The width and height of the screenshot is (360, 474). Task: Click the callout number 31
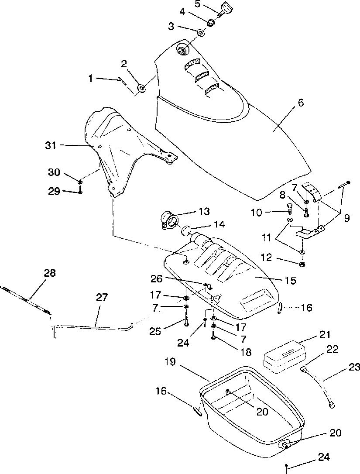[x=51, y=145]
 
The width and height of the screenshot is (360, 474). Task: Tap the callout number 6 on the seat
[x=301, y=103]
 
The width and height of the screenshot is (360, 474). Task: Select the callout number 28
[x=50, y=273]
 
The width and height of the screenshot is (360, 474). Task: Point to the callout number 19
[x=171, y=361]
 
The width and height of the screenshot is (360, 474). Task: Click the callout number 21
[x=325, y=335]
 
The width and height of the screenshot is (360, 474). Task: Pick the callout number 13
[x=204, y=211]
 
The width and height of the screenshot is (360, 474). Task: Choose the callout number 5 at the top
[x=197, y=4]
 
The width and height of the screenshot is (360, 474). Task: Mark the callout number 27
[x=102, y=297]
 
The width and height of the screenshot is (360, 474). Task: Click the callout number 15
[x=291, y=280]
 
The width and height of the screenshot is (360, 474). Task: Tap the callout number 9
[x=347, y=218]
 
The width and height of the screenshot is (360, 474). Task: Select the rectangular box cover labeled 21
[x=284, y=357]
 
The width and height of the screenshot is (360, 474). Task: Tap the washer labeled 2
[x=141, y=88]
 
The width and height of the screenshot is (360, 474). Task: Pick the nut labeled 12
[x=302, y=264]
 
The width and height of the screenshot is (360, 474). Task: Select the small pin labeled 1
[x=123, y=82]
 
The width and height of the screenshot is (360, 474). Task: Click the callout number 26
[x=157, y=279]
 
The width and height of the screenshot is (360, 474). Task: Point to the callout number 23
[x=354, y=368]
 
